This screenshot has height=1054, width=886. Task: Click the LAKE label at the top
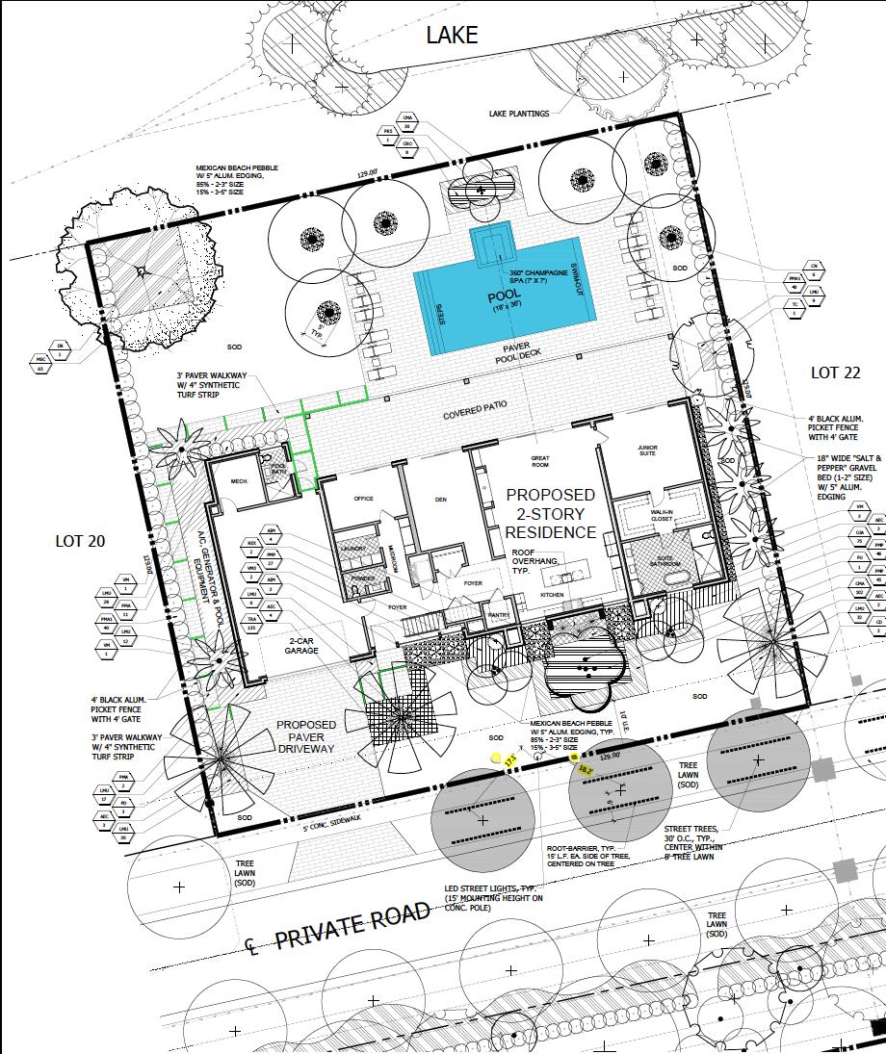(452, 36)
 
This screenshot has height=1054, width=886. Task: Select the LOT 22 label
(835, 373)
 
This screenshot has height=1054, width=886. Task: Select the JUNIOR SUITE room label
(653, 452)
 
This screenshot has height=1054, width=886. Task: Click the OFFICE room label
(363, 499)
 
